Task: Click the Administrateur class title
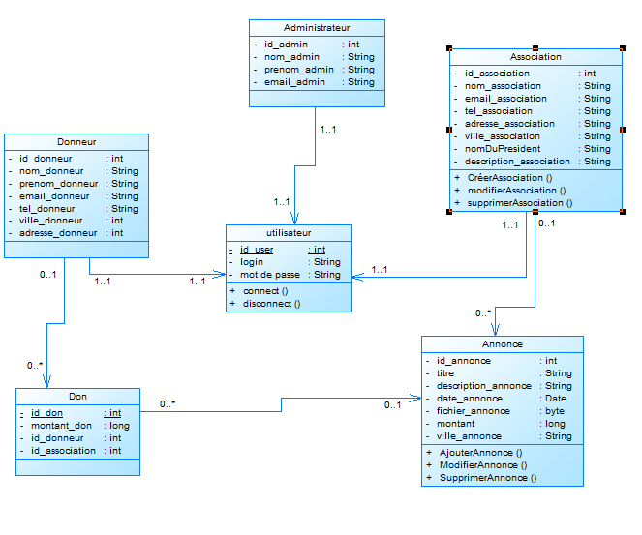317,28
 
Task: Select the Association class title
535,57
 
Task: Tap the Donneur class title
76,141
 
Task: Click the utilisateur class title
288,233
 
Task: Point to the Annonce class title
502,344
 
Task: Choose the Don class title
77,397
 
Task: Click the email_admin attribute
294,82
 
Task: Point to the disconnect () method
271,304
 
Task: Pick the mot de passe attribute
271,275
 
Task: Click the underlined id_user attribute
257,250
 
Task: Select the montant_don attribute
61,426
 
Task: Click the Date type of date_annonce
556,399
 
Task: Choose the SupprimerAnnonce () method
487,478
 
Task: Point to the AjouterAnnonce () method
480,453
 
